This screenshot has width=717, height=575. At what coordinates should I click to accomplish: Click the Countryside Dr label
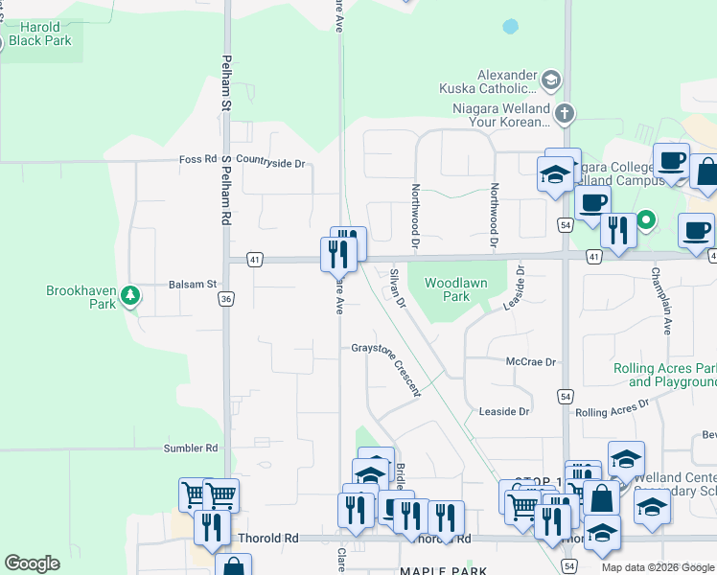point(270,163)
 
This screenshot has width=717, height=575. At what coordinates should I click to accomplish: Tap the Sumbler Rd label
point(191,448)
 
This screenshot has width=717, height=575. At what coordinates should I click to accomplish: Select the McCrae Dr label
point(531,362)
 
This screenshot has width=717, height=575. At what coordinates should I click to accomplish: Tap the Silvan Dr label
point(398,287)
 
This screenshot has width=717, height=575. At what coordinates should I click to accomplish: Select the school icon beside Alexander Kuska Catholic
point(550,80)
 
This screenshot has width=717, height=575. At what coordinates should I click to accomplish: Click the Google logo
point(32,563)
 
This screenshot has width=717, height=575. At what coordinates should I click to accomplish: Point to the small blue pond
point(511,27)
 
